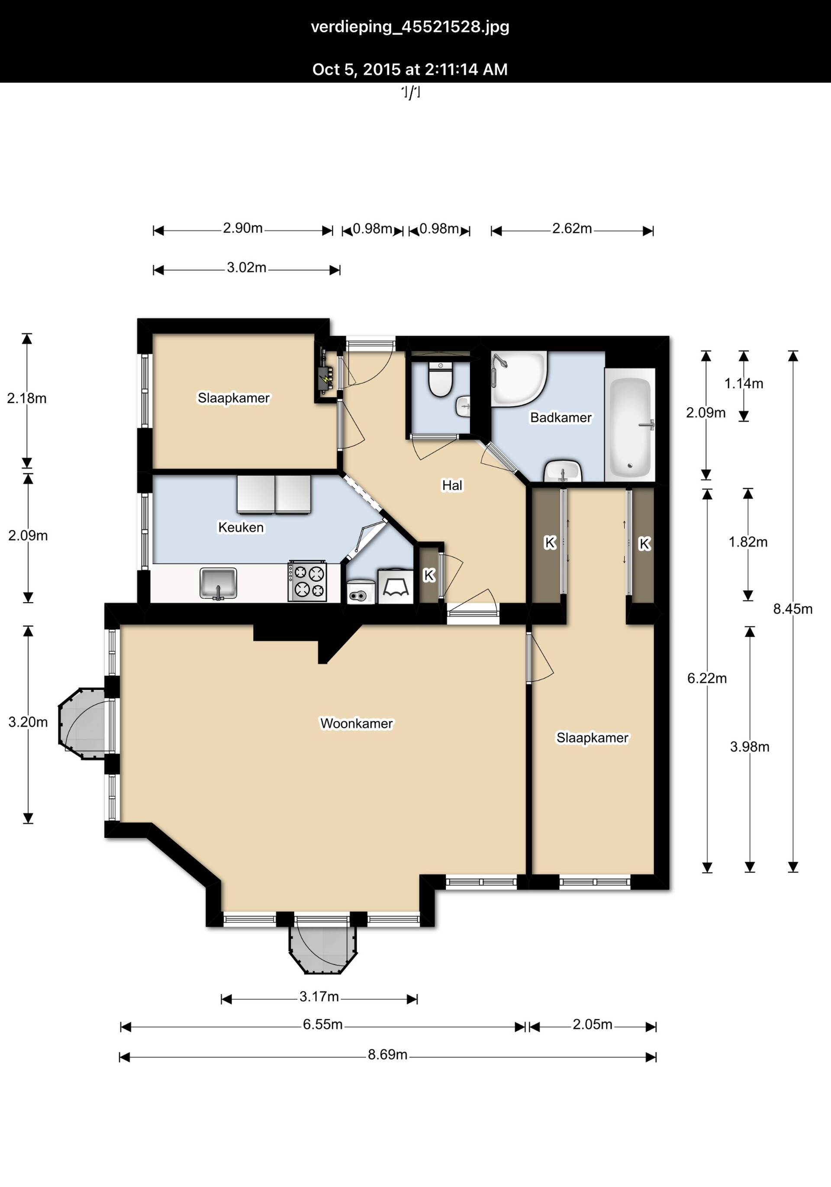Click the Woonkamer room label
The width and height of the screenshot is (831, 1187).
(357, 723)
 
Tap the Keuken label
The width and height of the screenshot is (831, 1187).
(241, 527)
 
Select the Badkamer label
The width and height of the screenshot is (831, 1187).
(561, 418)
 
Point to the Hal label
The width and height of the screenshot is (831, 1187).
(452, 485)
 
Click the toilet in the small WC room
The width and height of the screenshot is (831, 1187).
(441, 379)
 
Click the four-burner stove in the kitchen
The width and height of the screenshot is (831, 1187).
(308, 581)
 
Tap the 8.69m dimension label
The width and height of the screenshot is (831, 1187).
(387, 1054)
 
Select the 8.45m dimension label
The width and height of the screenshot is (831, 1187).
(793, 609)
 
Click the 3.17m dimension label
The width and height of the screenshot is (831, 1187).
(319, 996)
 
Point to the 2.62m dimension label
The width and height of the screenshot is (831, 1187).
(572, 228)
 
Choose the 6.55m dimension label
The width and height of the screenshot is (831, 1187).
(323, 1024)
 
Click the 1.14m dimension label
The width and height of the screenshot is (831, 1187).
(744, 384)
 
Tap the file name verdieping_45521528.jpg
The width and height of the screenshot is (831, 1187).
(410, 27)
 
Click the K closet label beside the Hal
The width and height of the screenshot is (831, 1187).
(428, 575)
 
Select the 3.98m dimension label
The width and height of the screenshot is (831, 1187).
(749, 747)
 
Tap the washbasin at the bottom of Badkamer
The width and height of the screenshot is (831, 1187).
(563, 471)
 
